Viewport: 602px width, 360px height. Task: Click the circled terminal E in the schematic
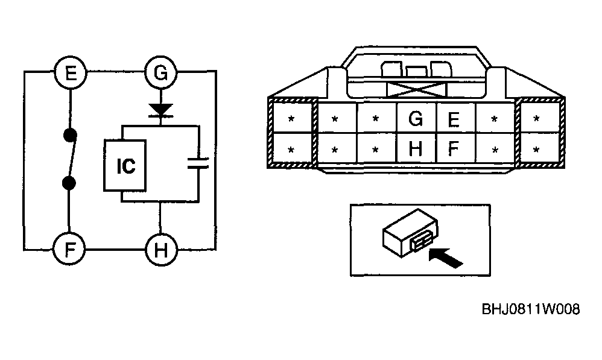[70, 72]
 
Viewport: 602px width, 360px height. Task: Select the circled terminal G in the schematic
[161, 72]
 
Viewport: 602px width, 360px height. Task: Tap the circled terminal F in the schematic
[69, 250]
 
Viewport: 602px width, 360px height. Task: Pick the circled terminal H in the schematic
[161, 250]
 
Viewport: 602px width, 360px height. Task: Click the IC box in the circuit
[125, 165]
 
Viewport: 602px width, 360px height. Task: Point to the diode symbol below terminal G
[161, 110]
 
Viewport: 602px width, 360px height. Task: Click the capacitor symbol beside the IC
[198, 163]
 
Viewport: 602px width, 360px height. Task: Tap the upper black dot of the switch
[70, 135]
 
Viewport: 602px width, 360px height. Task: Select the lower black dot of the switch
[69, 183]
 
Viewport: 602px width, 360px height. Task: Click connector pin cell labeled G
[416, 118]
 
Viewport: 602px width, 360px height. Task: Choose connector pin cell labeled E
[456, 118]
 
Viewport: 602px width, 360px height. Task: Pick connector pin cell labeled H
[416, 148]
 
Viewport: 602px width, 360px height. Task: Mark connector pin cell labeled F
[456, 148]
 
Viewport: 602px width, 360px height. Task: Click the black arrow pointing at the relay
[445, 257]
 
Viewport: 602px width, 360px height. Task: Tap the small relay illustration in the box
[410, 233]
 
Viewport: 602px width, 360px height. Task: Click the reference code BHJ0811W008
[531, 309]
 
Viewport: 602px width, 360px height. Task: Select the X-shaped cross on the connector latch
[417, 90]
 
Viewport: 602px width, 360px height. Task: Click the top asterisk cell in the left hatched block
[291, 118]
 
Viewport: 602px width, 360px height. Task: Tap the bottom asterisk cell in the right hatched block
[536, 149]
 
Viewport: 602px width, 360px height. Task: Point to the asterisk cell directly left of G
[376, 118]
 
